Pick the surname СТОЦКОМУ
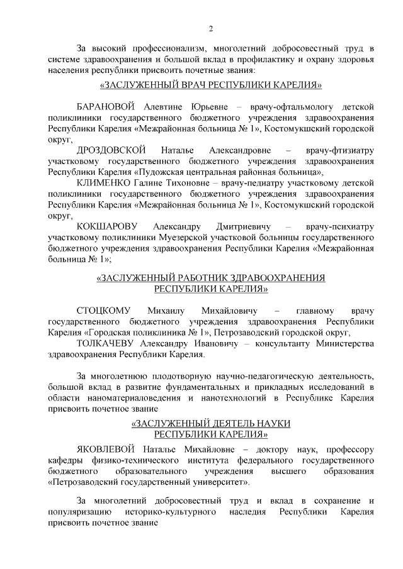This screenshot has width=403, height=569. pos(103,311)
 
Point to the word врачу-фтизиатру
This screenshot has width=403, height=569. pos(341,150)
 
